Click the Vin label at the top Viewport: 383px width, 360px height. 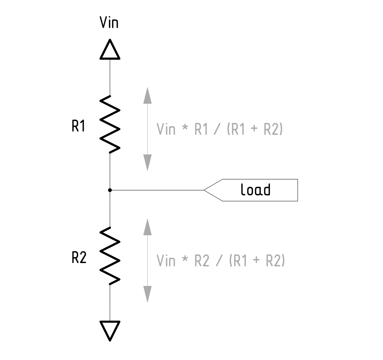click(x=109, y=23)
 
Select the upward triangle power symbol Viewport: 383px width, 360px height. click(x=110, y=50)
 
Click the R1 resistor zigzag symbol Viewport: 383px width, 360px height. click(x=110, y=124)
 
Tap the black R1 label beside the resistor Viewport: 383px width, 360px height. click(x=78, y=126)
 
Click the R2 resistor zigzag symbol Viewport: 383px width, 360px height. click(x=110, y=256)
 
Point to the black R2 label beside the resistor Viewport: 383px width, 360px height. click(x=79, y=258)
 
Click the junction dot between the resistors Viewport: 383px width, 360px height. click(x=110, y=190)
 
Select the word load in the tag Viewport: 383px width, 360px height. click(x=255, y=190)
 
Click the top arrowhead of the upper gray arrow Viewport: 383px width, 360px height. click(x=148, y=95)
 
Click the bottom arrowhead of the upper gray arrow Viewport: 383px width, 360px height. click(x=148, y=163)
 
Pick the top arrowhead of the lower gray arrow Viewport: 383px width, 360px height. click(x=148, y=227)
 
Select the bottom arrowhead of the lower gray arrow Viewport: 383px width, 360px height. click(x=148, y=294)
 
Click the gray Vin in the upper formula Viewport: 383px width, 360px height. click(x=166, y=129)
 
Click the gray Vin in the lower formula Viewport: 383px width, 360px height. click(x=166, y=261)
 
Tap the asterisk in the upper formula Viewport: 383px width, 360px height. click(x=185, y=129)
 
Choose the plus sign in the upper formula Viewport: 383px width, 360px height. click(x=254, y=130)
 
